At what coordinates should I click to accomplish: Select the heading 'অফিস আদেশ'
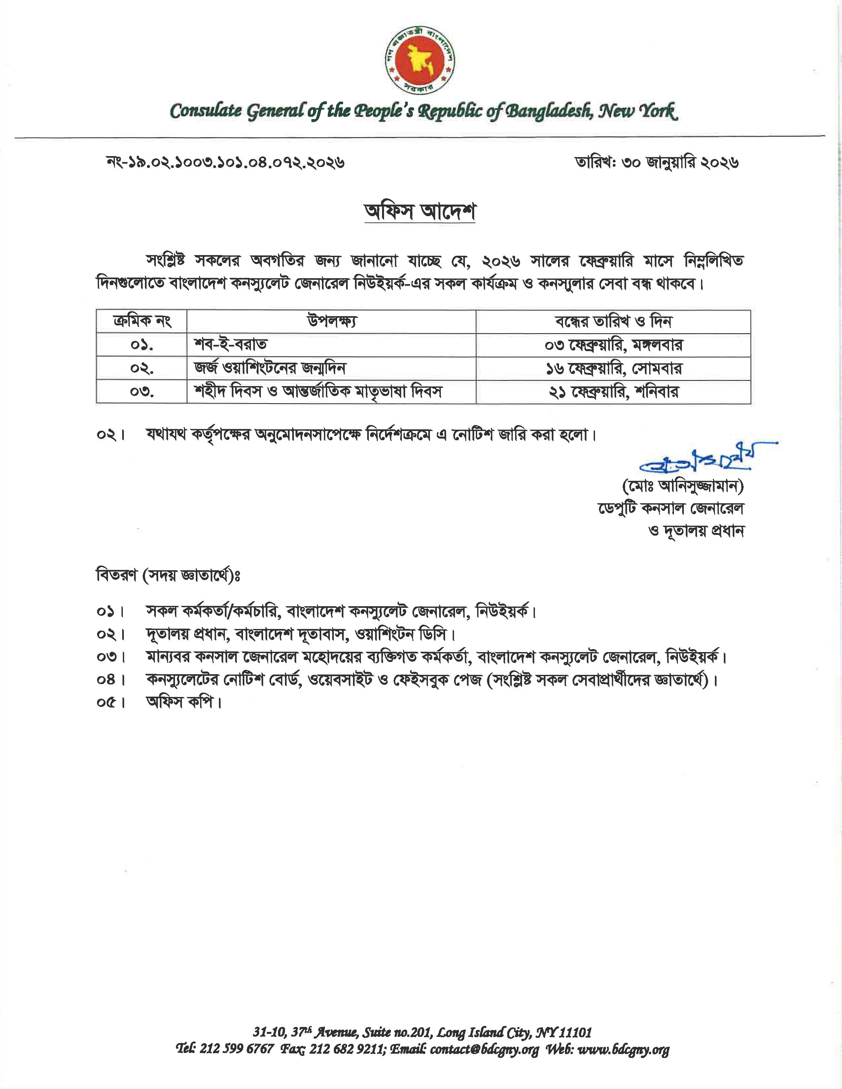click(420, 213)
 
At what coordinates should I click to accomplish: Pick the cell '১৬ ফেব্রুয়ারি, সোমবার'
click(613, 369)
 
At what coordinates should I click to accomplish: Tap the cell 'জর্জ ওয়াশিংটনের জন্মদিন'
click(270, 369)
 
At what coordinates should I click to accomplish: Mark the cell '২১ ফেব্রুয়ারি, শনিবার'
click(613, 392)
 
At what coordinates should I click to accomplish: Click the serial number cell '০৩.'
click(142, 392)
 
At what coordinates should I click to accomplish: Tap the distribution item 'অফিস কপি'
click(183, 703)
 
